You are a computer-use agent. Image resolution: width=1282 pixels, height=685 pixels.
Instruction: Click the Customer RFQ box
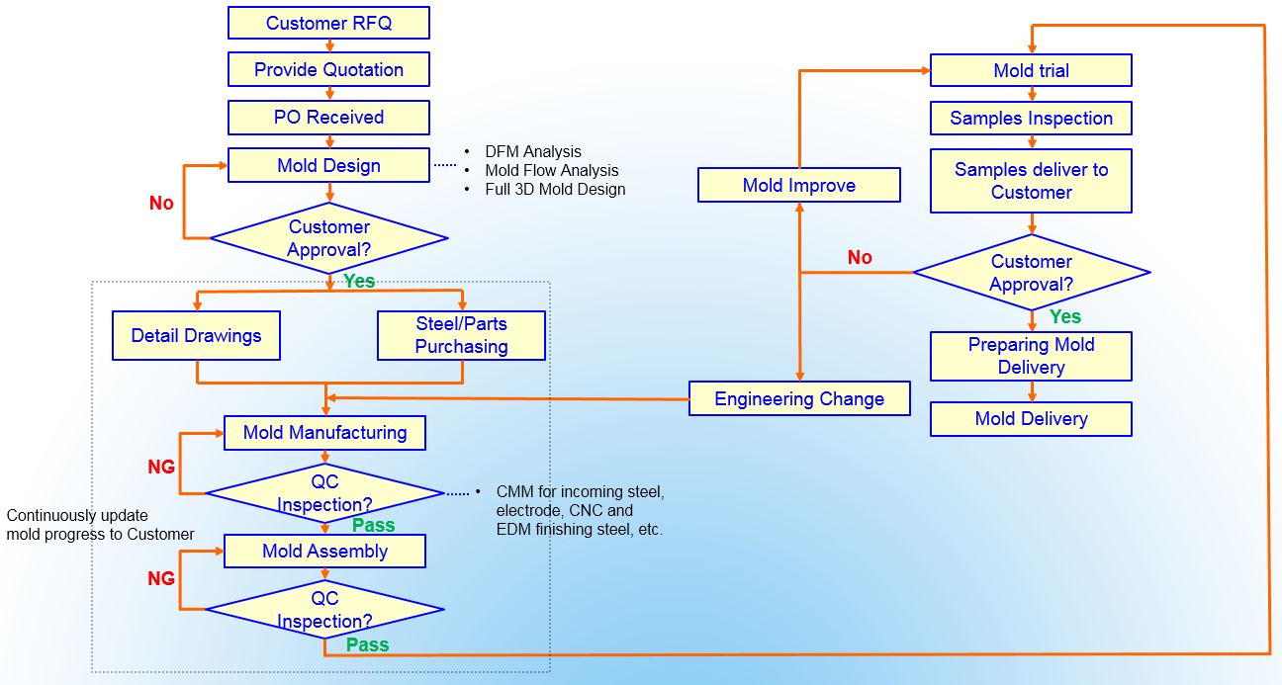pyautogui.click(x=328, y=23)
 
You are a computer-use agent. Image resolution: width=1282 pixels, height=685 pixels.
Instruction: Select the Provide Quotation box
pyautogui.click(x=328, y=69)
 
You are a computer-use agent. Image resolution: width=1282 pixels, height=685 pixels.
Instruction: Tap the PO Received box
pyautogui.click(x=328, y=117)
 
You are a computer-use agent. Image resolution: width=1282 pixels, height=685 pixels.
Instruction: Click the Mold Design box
pyautogui.click(x=328, y=165)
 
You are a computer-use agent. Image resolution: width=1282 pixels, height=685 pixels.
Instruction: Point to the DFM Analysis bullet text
pyautogui.click(x=532, y=151)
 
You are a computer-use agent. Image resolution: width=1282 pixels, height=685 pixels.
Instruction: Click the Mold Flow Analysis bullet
pyautogui.click(x=551, y=170)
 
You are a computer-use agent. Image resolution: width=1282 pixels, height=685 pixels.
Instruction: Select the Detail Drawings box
pyautogui.click(x=196, y=335)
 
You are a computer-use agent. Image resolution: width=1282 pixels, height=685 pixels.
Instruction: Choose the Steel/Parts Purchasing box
pyautogui.click(x=461, y=335)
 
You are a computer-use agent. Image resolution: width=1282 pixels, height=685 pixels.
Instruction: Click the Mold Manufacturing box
pyautogui.click(x=324, y=432)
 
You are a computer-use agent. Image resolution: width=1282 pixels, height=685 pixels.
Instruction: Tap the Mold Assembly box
pyautogui.click(x=324, y=551)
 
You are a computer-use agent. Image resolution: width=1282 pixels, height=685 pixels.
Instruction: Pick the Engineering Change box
pyautogui.click(x=799, y=398)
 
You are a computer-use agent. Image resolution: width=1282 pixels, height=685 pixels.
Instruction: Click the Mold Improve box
pyautogui.click(x=799, y=185)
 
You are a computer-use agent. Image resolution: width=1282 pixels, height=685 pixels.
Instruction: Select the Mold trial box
pyautogui.click(x=1031, y=70)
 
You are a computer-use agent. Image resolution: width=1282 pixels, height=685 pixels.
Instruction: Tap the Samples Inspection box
pyautogui.click(x=1031, y=118)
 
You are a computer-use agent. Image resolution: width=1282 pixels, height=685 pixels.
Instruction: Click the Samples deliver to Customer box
pyautogui.click(x=1031, y=181)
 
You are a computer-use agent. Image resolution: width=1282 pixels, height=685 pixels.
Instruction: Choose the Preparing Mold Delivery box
pyautogui.click(x=1031, y=356)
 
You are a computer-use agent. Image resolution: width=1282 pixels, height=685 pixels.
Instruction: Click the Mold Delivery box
pyautogui.click(x=1031, y=418)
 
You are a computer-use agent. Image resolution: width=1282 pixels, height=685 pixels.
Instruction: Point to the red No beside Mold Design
pyautogui.click(x=161, y=203)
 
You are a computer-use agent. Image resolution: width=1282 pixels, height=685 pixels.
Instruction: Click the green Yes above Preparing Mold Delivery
pyautogui.click(x=1065, y=316)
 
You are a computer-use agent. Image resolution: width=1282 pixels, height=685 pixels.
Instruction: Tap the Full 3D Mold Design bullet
pyautogui.click(x=554, y=189)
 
